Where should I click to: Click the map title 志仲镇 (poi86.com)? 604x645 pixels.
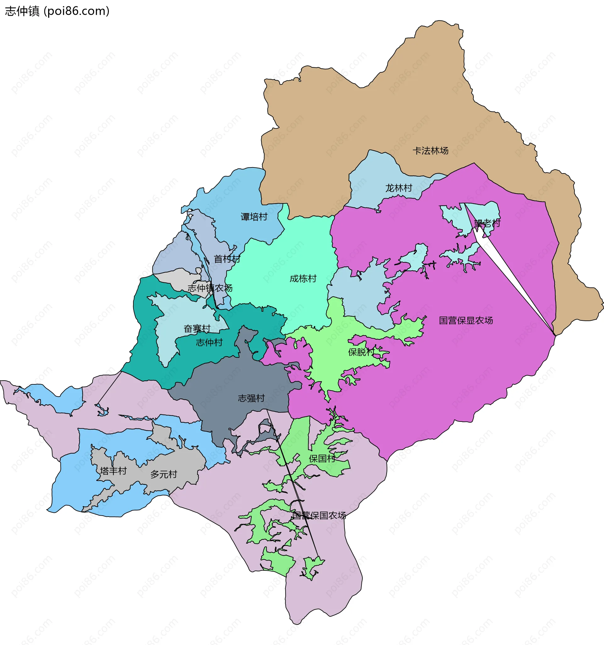point(57,11)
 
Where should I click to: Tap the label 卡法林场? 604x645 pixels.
point(430,150)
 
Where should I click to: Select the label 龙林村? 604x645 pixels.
point(399,188)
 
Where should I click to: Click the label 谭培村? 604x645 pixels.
point(254,217)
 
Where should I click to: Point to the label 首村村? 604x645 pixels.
point(227,259)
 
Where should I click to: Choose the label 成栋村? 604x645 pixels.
point(303,278)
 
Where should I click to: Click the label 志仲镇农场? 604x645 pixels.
point(210,288)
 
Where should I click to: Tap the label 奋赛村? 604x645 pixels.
point(197,329)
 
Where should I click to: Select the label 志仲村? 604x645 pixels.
point(209,342)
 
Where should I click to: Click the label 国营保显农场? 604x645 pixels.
point(466,320)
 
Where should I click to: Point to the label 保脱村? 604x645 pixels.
point(361,352)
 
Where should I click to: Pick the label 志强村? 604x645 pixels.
point(251,398)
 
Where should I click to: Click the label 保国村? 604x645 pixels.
point(322,458)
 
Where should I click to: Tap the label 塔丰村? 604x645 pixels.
point(113,471)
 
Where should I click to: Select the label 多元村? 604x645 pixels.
point(164,474)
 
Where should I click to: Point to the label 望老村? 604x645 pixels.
point(487,223)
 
